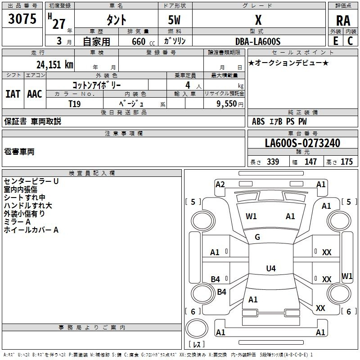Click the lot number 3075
pyautogui.click(x=22, y=18)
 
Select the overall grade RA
pyautogui.click(x=343, y=21)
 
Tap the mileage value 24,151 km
pyautogui.click(x=55, y=64)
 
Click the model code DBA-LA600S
pyautogui.click(x=258, y=41)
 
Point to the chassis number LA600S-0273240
pyautogui.click(x=302, y=143)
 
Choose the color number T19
pyautogui.click(x=75, y=104)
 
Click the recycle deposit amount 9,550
pyautogui.click(x=226, y=103)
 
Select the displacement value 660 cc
pyautogui.click(x=143, y=41)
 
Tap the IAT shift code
pyautogui.click(x=13, y=94)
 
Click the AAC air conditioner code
pyautogui.click(x=35, y=94)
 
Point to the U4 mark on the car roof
pyautogui.click(x=271, y=268)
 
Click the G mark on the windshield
pyautogui.click(x=257, y=237)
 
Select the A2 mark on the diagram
pyautogui.click(x=220, y=184)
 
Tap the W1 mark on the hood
pyautogui.click(x=251, y=216)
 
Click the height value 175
pyautogui.click(x=346, y=162)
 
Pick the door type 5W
pyautogui.click(x=174, y=20)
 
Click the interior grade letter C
pyautogui.click(x=350, y=41)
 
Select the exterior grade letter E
pyautogui.click(x=336, y=41)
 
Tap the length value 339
pyautogui.click(x=273, y=162)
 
